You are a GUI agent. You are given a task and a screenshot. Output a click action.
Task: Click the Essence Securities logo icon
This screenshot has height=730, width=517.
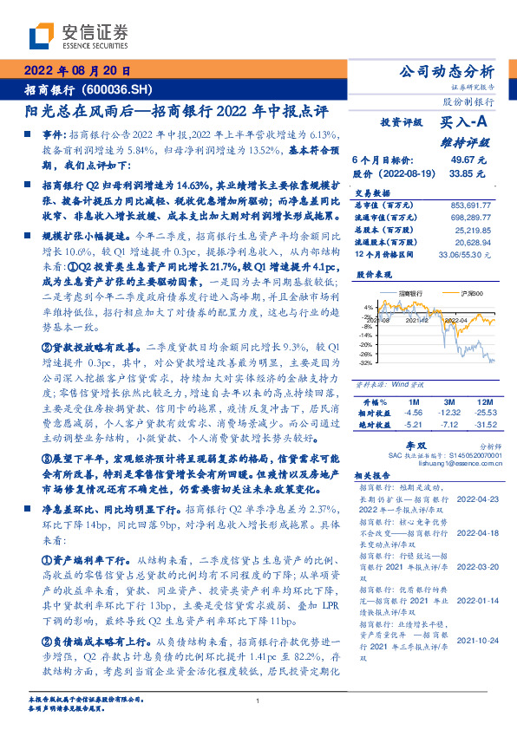click(40, 36)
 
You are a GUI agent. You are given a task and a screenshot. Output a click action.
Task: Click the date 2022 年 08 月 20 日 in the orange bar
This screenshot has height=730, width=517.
click(76, 71)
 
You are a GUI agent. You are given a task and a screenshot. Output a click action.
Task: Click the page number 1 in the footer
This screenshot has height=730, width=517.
click(258, 701)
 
